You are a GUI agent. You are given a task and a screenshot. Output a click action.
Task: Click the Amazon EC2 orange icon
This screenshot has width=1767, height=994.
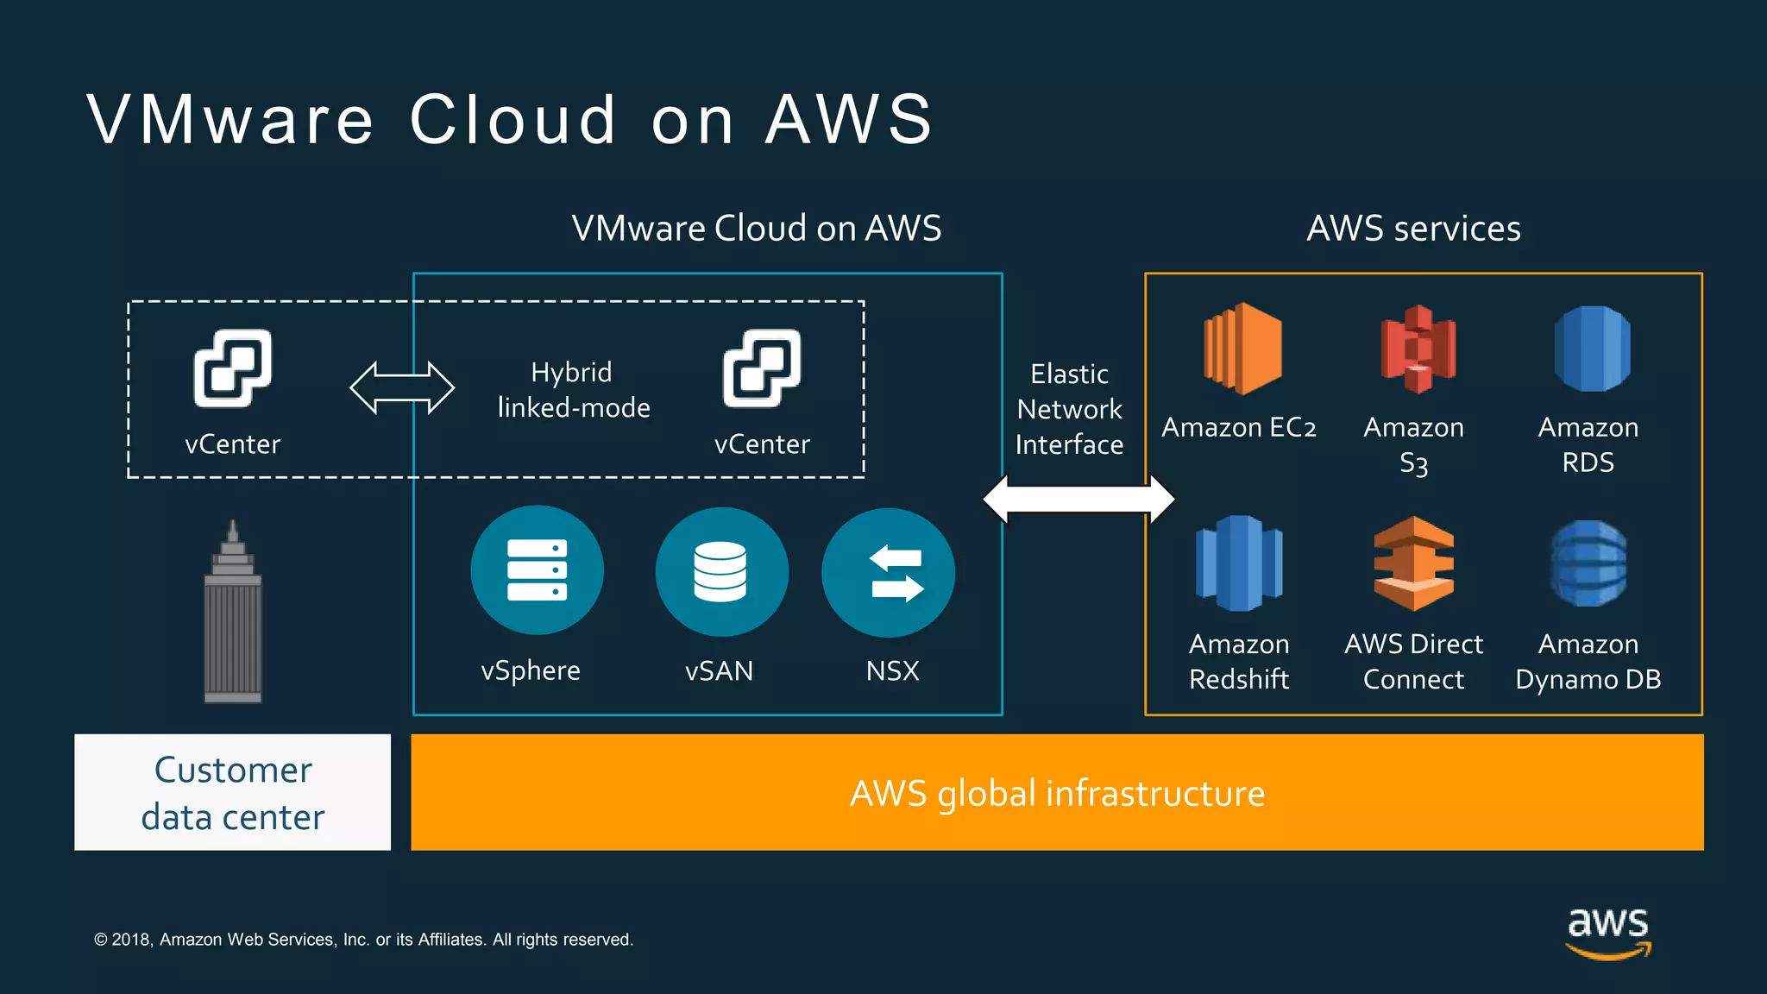[1242, 349]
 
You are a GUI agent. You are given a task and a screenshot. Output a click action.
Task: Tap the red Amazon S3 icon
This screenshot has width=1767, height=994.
[1418, 349]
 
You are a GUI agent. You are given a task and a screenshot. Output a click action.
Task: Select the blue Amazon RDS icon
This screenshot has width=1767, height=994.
[1592, 349]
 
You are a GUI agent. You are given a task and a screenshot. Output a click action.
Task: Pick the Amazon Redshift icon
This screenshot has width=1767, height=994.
[1239, 563]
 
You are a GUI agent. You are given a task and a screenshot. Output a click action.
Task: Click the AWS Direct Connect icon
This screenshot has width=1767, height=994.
[1413, 563]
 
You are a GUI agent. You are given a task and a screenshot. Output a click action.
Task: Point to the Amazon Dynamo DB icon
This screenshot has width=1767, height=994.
[1588, 563]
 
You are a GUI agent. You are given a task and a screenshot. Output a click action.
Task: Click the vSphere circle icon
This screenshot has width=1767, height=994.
[537, 570]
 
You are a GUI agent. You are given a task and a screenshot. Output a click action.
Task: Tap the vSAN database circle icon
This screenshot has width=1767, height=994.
[721, 571]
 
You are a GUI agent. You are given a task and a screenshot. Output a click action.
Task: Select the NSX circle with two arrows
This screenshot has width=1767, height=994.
[888, 573]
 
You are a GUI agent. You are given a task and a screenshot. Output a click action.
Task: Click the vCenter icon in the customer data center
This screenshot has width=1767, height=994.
[232, 368]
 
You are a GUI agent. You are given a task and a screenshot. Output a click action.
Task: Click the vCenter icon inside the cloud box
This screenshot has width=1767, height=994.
[762, 368]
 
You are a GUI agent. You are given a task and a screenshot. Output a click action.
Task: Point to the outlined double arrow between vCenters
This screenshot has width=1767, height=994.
[402, 388]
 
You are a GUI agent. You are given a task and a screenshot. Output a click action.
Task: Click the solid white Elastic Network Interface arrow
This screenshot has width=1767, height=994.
[1078, 499]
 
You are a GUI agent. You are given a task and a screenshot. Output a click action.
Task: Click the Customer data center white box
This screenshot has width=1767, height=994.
[232, 792]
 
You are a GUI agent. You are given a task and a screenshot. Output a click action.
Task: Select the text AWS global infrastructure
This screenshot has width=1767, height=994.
[1057, 793]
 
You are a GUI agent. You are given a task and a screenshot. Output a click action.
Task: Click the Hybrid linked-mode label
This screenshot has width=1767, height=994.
[574, 389]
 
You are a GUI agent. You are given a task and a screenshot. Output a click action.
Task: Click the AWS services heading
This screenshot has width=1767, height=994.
[1413, 229]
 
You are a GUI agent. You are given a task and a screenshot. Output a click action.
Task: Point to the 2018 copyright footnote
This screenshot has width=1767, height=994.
[363, 940]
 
